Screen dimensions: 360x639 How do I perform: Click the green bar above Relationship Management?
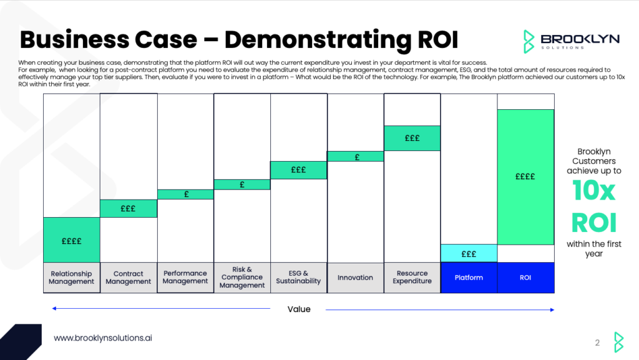coord(71,240)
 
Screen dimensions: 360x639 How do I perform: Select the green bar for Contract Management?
coord(128,208)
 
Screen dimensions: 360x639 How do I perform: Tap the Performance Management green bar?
coord(185,194)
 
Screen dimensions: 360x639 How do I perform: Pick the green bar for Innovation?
coord(355,157)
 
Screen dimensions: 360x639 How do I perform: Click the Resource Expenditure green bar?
coord(412,138)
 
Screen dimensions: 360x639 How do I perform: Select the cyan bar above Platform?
coord(469,253)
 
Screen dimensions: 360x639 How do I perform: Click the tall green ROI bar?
coord(525,177)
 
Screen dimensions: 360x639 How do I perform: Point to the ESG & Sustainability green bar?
coord(298,170)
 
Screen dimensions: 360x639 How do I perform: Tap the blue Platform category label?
coord(469,278)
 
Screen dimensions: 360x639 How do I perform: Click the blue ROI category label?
coord(525,278)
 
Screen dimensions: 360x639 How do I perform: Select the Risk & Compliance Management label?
coord(242,278)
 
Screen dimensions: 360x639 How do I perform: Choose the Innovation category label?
coord(355,278)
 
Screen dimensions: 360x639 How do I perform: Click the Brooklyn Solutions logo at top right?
coord(571,41)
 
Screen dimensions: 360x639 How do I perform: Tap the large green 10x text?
coord(594,192)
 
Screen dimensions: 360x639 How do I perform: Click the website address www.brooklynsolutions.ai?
coord(103,338)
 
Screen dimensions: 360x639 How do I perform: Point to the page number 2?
coord(597,343)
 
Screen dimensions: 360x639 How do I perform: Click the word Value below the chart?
coord(298,309)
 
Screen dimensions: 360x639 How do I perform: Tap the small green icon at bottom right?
coord(618,342)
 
